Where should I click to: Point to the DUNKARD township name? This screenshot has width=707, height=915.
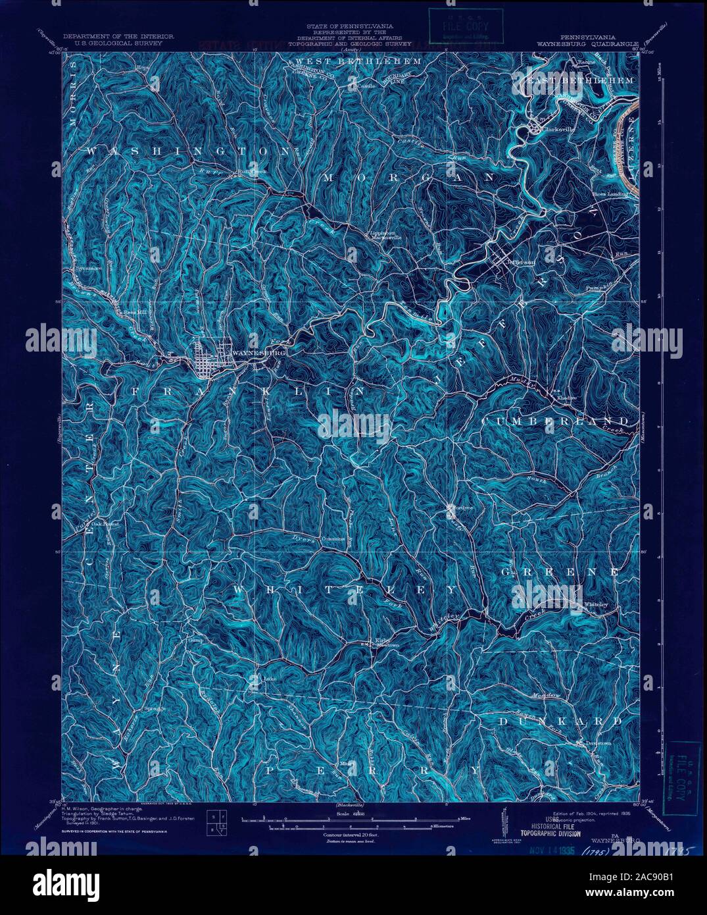[559, 722]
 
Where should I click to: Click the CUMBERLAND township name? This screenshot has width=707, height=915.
[556, 420]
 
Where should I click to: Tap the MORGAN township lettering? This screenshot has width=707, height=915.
[408, 178]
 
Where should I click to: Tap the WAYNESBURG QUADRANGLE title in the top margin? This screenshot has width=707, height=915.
[594, 44]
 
